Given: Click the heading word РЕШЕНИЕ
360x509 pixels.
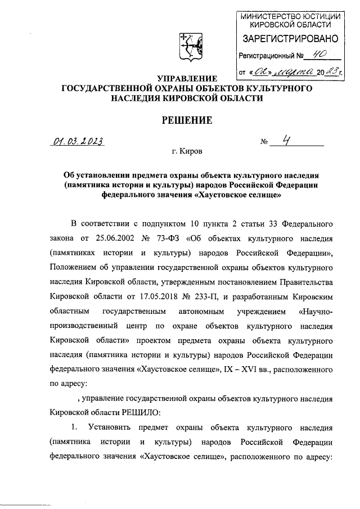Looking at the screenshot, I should pos(187,120).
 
